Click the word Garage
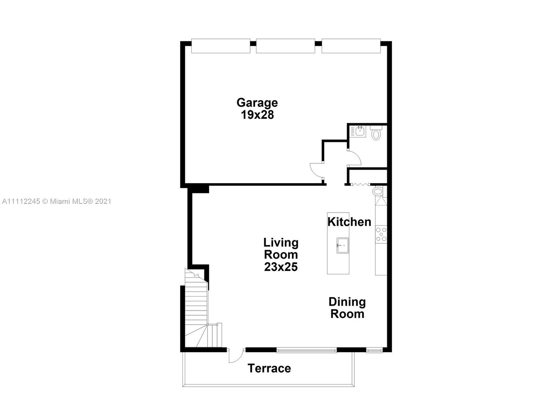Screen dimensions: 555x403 click(x=257, y=103)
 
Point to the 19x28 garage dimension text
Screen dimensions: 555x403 click(x=257, y=115)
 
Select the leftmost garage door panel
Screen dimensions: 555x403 click(x=221, y=46)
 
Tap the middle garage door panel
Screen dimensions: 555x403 click(x=285, y=46)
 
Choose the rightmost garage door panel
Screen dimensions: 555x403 click(x=351, y=46)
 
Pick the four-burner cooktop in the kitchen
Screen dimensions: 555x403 click(x=381, y=234)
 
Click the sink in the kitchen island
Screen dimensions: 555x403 click(x=343, y=245)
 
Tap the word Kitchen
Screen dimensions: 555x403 click(x=349, y=222)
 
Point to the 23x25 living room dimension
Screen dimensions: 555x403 click(x=281, y=267)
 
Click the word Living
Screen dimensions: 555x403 click(x=281, y=243)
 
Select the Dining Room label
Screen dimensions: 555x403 click(x=347, y=308)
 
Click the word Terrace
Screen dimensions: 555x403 click(x=269, y=368)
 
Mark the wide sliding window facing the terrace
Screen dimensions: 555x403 click(x=307, y=350)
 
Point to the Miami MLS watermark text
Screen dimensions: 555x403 click(x=57, y=201)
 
